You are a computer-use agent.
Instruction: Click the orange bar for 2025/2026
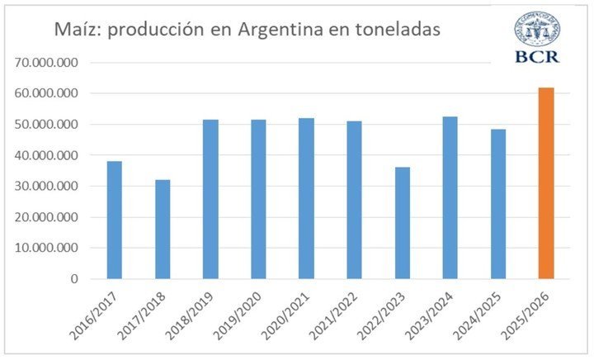545,183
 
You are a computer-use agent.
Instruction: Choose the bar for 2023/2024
450,197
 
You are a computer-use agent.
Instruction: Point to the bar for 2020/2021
306,198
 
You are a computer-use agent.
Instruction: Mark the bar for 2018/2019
210,199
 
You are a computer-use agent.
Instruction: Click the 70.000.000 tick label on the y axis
54,63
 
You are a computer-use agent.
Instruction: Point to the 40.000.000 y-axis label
54,155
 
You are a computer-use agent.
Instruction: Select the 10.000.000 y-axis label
54,248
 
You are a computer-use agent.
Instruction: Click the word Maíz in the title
78,30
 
